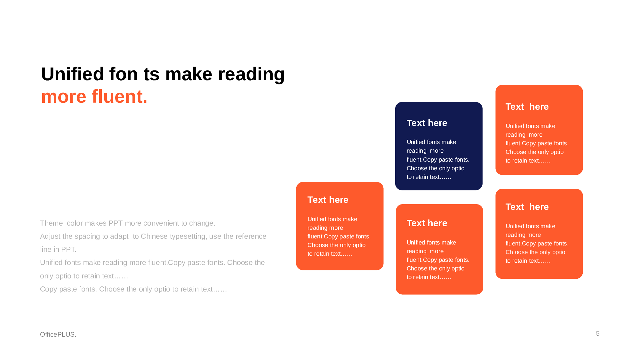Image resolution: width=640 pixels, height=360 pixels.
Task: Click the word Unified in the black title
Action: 73,74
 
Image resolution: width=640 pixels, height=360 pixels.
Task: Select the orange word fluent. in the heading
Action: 119,96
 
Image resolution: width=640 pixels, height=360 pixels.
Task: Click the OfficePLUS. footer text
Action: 58,334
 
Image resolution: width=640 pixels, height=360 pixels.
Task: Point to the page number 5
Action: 598,333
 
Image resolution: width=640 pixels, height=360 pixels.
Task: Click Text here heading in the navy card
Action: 427,123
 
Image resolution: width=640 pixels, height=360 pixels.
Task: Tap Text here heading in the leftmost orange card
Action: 328,200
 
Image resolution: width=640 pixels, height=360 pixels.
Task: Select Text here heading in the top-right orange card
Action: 527,107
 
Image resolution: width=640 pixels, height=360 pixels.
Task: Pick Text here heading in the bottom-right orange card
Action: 527,207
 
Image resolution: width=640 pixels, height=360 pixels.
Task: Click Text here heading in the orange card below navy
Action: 427,223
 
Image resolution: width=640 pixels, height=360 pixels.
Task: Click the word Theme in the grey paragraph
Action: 52,223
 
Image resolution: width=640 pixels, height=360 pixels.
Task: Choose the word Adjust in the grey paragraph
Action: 50,236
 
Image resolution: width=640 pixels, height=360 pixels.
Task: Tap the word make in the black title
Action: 189,74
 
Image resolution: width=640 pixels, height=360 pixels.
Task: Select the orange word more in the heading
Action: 64,97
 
